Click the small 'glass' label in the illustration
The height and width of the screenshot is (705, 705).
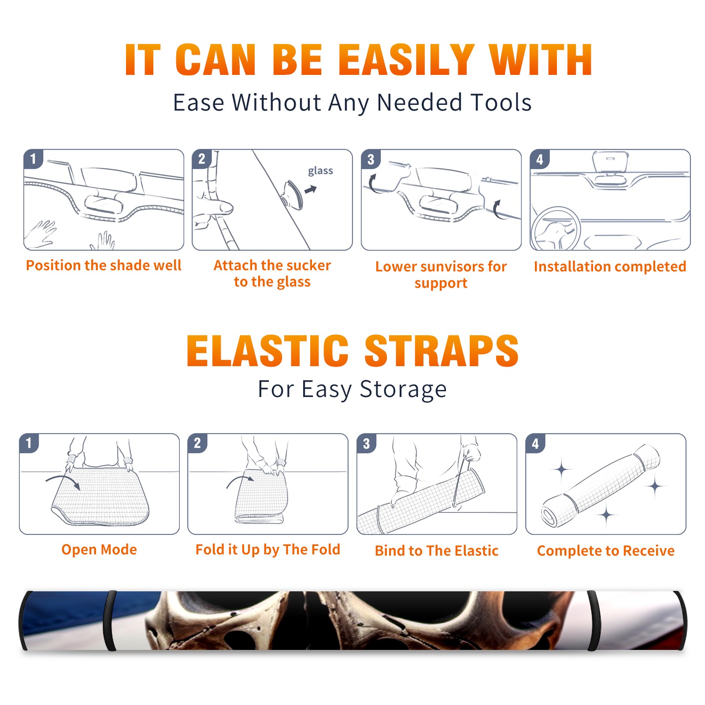click(320, 171)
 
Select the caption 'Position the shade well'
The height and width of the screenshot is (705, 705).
click(104, 265)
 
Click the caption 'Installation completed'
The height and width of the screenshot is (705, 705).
click(610, 266)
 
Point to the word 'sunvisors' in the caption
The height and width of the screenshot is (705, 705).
click(446, 266)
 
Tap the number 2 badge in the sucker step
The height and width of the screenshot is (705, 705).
click(202, 159)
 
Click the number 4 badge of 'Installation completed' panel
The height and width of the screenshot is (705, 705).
click(540, 159)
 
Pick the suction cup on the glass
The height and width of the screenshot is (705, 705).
click(293, 194)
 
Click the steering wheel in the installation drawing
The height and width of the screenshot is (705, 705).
click(556, 229)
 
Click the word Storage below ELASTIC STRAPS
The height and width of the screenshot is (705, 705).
click(403, 390)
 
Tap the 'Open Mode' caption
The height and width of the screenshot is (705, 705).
click(99, 549)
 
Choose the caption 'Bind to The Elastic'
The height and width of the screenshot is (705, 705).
click(437, 550)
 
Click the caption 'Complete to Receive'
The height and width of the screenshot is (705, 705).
click(606, 550)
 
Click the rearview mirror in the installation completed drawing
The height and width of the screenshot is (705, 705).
click(610, 161)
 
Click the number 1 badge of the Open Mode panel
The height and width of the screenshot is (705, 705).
click(29, 443)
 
